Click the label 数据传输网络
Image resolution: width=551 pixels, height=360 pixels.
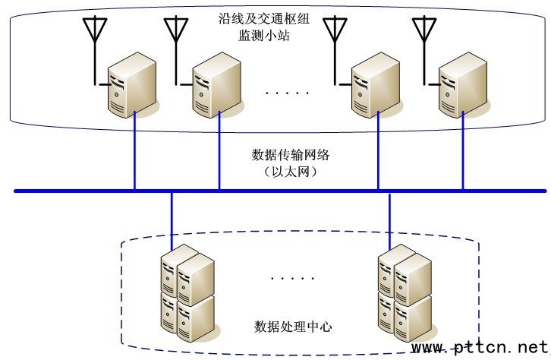291,155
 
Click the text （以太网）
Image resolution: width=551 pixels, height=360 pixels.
291,172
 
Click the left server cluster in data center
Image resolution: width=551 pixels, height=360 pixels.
186,292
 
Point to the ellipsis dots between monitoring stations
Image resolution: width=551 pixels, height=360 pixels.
288,93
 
